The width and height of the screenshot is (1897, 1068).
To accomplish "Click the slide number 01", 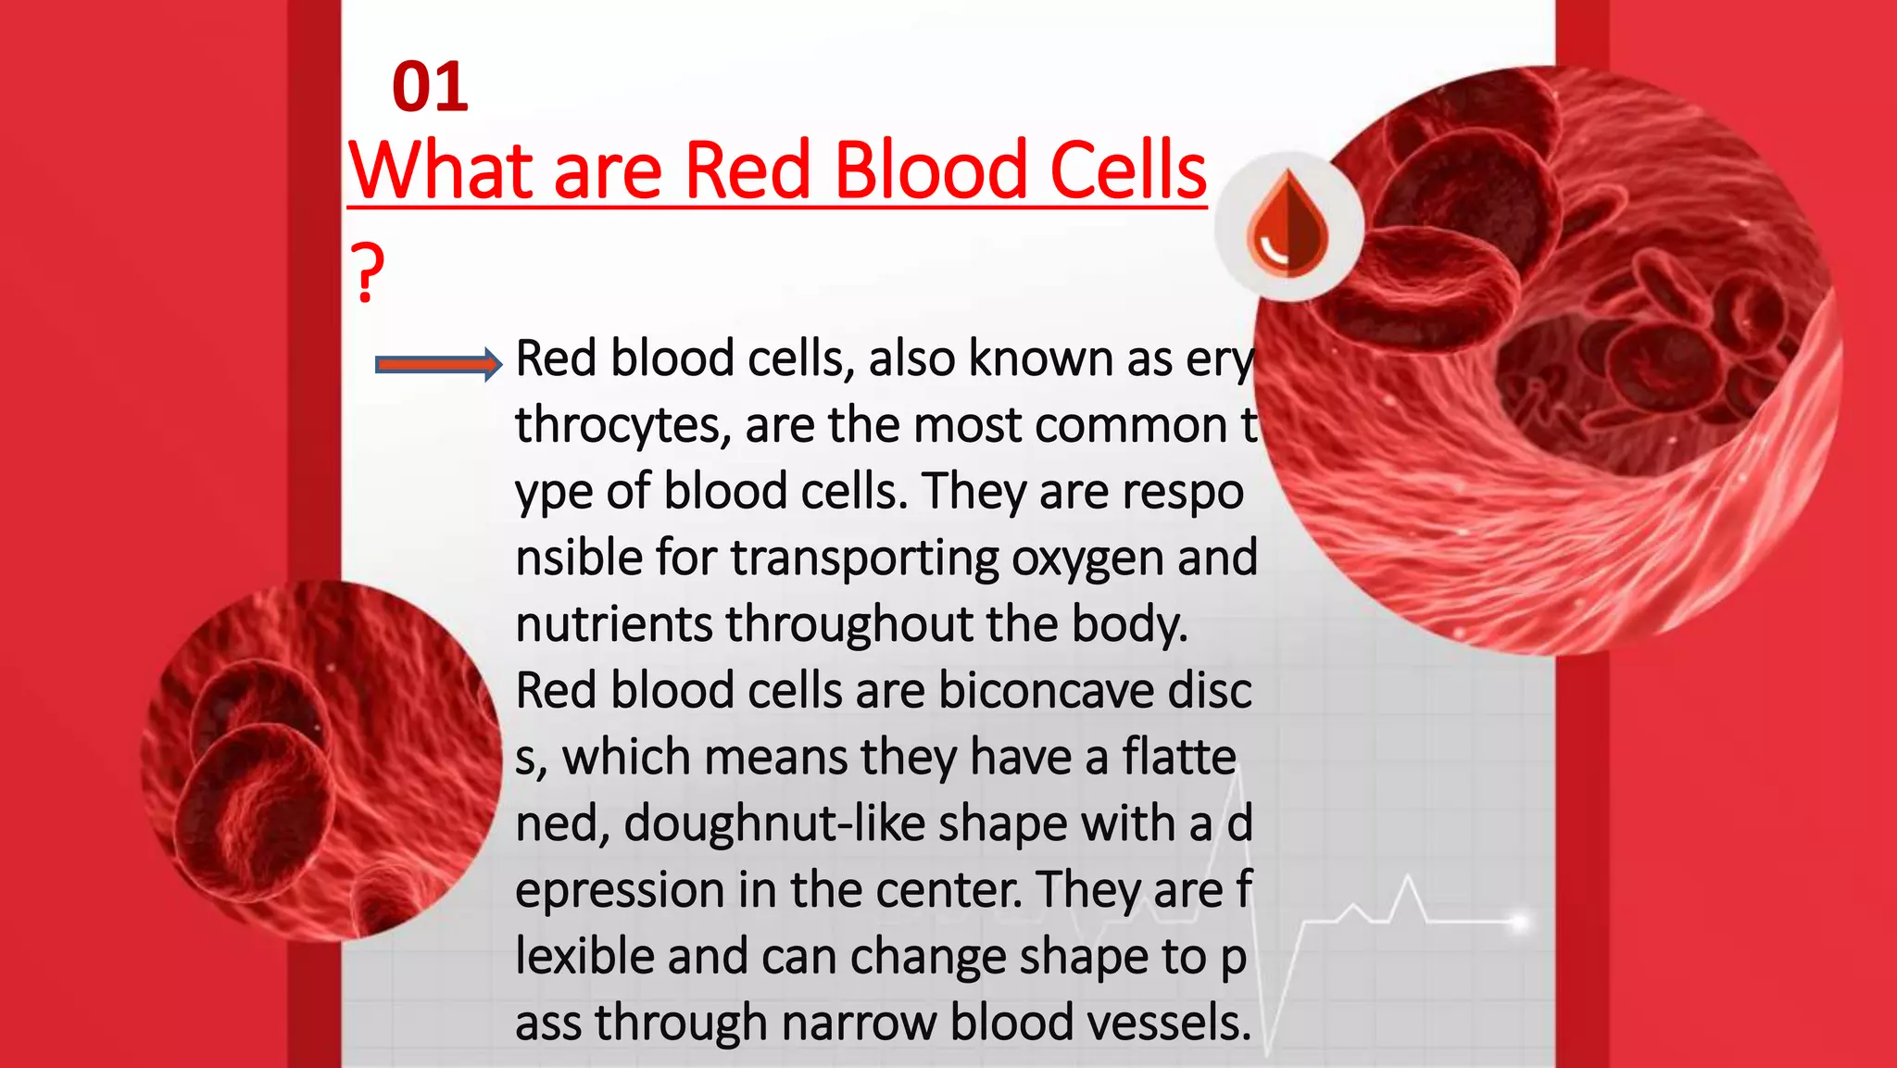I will (x=430, y=88).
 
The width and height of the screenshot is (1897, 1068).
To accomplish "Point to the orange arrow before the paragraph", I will (x=437, y=364).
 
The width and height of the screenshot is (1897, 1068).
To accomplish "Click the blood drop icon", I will (x=1288, y=226).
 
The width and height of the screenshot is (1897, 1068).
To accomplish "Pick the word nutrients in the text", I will (x=612, y=624).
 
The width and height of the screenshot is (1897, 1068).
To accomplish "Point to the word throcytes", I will (x=617, y=426).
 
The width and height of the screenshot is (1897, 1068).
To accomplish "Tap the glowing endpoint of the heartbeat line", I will (x=1518, y=922).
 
